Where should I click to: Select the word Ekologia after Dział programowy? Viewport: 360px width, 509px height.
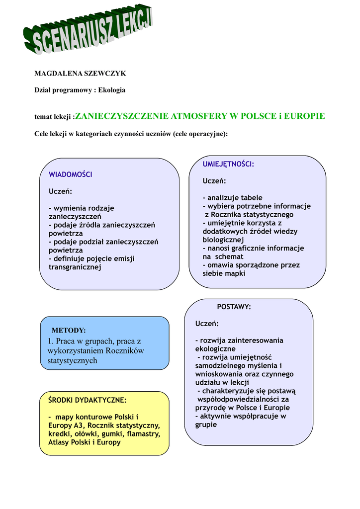click(x=112, y=90)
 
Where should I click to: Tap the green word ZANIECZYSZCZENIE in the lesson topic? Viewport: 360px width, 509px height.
click(x=122, y=116)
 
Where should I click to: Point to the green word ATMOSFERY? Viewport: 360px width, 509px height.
click(x=198, y=116)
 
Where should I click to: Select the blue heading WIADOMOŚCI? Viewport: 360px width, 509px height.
click(x=70, y=174)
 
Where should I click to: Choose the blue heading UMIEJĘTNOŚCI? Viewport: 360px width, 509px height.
click(x=228, y=164)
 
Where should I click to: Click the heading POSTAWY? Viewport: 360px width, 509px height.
click(x=234, y=307)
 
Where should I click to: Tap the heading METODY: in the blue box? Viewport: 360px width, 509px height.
click(x=69, y=331)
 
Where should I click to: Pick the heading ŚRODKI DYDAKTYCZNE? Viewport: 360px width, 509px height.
click(x=87, y=400)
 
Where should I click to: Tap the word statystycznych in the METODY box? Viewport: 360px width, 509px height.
click(x=73, y=361)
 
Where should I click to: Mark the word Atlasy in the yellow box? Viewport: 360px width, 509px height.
click(x=59, y=442)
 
